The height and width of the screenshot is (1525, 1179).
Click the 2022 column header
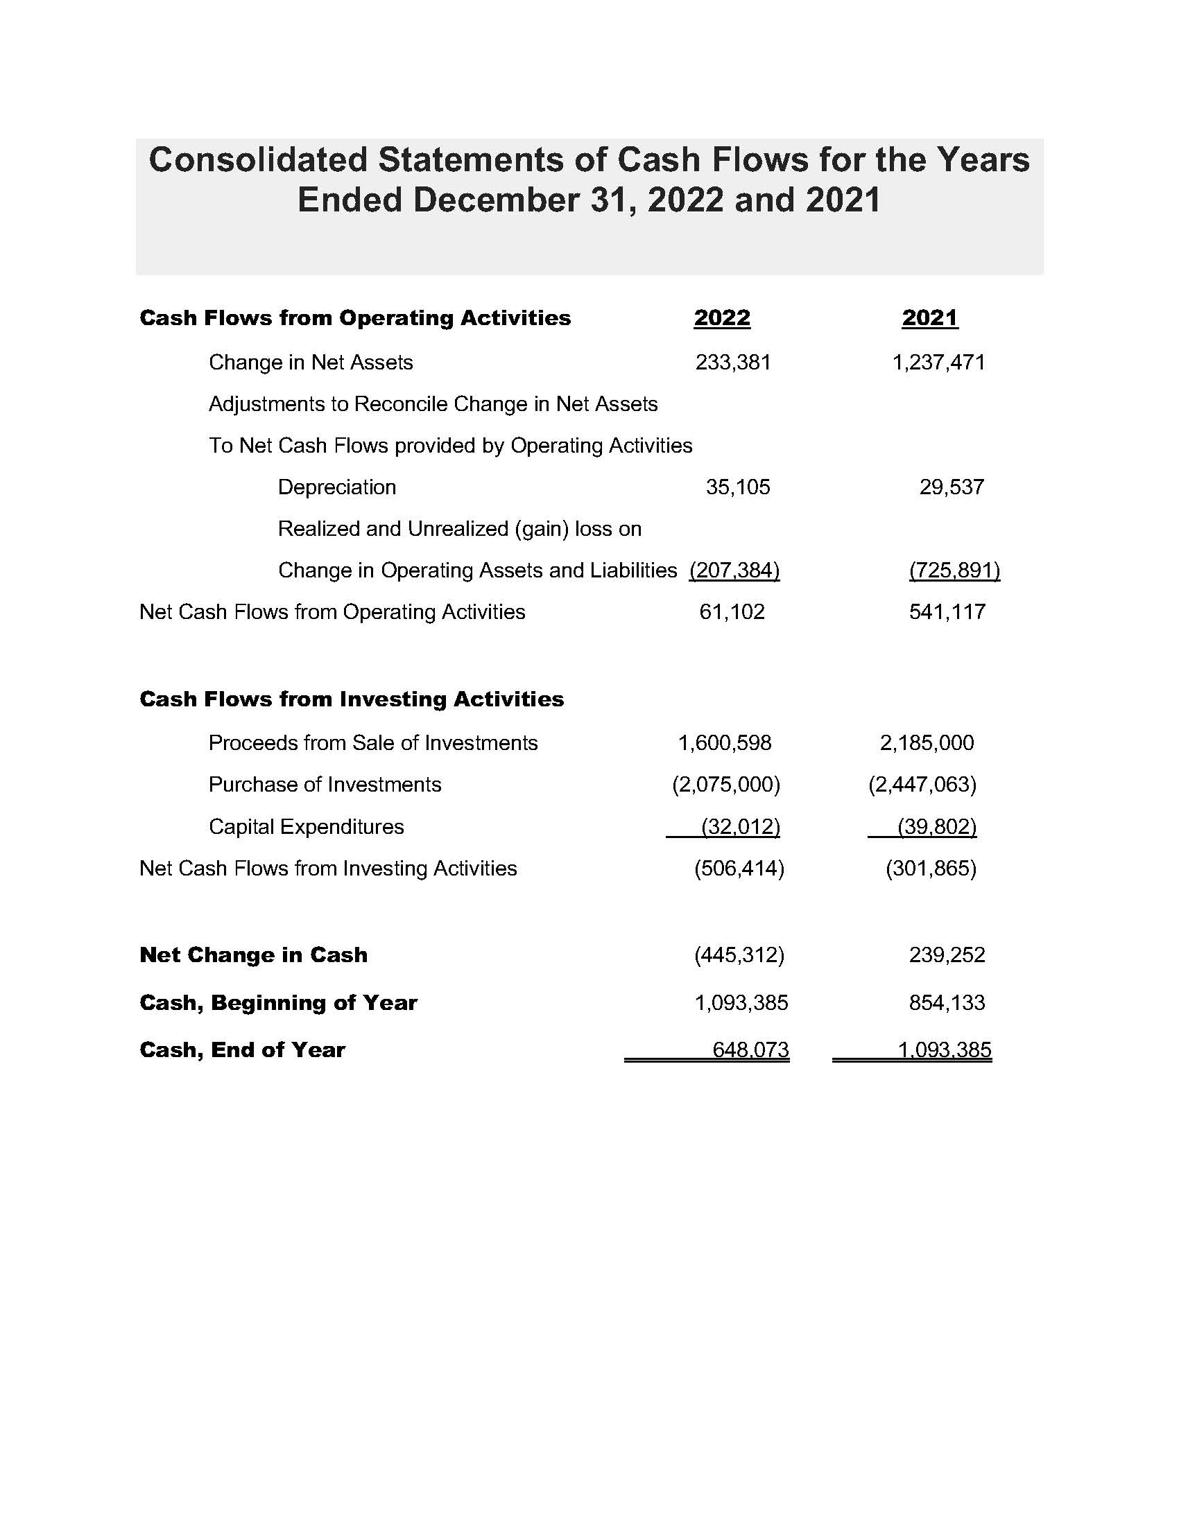[721, 318]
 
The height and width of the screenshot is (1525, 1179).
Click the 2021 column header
[929, 318]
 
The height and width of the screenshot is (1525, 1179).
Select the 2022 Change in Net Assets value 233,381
[732, 363]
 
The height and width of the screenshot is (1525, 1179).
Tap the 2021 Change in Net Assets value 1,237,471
[938, 363]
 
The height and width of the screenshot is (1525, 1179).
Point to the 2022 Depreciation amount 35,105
[738, 487]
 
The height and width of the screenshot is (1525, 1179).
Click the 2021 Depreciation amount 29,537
[952, 487]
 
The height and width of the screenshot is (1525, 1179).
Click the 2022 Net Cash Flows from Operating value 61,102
[731, 611]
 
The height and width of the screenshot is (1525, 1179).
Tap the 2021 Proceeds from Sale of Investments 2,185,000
[926, 742]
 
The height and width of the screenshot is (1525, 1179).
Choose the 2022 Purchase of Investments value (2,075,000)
[725, 784]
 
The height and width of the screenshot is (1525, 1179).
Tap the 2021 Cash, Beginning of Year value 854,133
[947, 1003]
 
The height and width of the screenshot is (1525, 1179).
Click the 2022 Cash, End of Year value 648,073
[750, 1049]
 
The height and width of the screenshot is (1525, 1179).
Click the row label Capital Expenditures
[306, 827]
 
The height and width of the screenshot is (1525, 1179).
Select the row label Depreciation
[336, 487]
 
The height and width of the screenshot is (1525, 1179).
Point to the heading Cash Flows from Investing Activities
[352, 699]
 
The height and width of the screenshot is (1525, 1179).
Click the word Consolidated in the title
[258, 160]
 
